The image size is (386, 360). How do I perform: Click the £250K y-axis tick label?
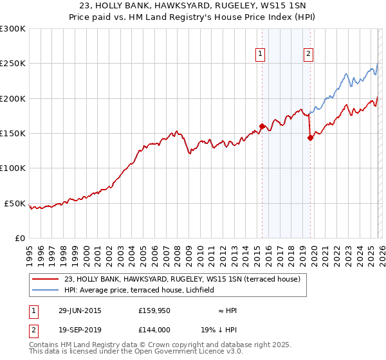pyautogui.click(x=13, y=64)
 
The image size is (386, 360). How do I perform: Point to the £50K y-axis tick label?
pyautogui.click(x=15, y=203)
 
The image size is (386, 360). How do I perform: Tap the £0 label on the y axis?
pyautogui.click(x=19, y=239)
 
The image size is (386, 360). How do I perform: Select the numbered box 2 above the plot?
pyautogui.click(x=309, y=55)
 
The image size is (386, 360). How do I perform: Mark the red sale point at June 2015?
pyautogui.click(x=262, y=126)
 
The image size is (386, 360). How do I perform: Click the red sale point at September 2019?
pyautogui.click(x=310, y=137)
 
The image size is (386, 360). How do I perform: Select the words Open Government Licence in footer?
pyautogui.click(x=199, y=352)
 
